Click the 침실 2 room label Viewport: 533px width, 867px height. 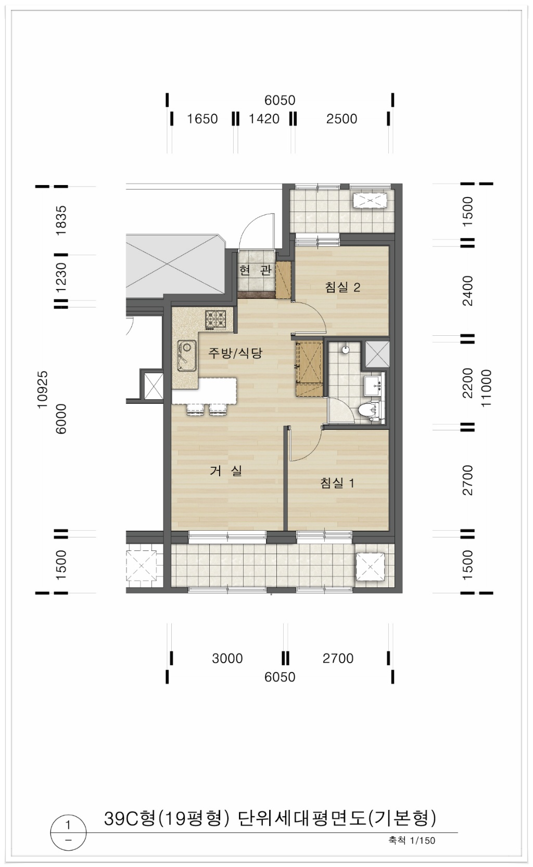(x=342, y=287)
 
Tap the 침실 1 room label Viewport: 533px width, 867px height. (x=337, y=483)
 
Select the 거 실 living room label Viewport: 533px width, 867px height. (x=226, y=470)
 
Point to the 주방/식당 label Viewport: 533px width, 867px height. (x=235, y=352)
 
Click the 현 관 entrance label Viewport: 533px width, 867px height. (x=255, y=270)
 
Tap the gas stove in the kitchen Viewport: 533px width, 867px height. (x=215, y=320)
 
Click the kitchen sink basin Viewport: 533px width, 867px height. (x=186, y=356)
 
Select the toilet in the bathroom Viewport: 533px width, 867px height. (x=369, y=411)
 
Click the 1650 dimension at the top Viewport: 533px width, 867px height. (x=202, y=119)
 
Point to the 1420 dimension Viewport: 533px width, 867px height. (x=264, y=119)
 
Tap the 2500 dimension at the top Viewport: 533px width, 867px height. (x=341, y=119)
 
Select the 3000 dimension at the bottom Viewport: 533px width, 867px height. (x=227, y=658)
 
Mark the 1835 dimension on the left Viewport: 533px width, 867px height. (x=61, y=220)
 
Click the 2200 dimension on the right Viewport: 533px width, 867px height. (x=468, y=383)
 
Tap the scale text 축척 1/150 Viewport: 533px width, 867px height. (x=412, y=840)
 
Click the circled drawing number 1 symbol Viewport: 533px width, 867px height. (x=68, y=833)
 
